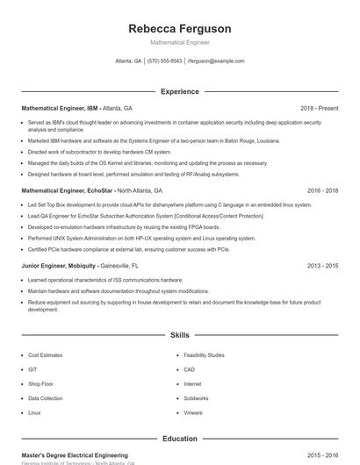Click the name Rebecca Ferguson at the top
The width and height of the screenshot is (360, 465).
point(179,29)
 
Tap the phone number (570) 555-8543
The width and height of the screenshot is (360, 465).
point(165,61)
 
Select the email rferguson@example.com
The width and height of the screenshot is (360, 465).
point(216,61)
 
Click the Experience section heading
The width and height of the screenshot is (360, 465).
point(179,91)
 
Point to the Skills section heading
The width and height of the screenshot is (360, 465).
point(179,335)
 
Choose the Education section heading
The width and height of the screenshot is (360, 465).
point(179,438)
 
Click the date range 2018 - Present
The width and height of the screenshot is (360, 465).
point(319,108)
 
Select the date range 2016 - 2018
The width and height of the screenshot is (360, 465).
point(322,190)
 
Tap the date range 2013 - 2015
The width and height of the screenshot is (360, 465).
point(322,265)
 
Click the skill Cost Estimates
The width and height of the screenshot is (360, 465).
point(46,355)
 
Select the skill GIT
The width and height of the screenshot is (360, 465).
point(33,369)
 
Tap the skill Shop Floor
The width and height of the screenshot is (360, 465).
point(41,383)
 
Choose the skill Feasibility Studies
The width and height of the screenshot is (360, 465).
point(204,355)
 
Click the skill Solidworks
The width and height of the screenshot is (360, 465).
point(197,397)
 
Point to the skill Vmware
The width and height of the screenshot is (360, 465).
point(193,411)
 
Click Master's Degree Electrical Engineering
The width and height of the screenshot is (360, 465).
point(75,455)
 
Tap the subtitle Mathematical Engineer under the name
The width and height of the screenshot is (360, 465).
point(179,42)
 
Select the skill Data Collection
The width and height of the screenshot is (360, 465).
point(46,397)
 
